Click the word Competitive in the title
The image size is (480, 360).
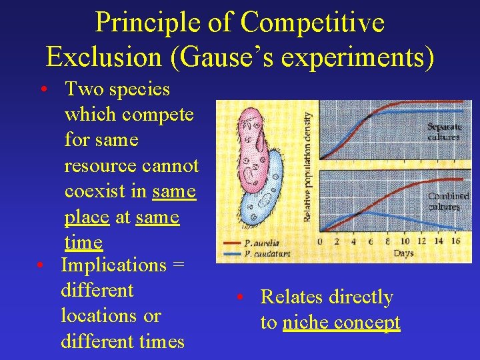[x=312, y=23]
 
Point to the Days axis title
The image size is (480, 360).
[x=403, y=253]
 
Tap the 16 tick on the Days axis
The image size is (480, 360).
[x=457, y=241]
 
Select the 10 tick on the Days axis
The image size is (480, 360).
[x=404, y=241]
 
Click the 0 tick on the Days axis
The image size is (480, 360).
[x=320, y=241]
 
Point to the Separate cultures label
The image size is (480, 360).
[x=443, y=131]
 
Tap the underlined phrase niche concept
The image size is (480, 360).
[x=341, y=323]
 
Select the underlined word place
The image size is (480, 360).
[x=87, y=217]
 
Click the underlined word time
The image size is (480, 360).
[x=83, y=243]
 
